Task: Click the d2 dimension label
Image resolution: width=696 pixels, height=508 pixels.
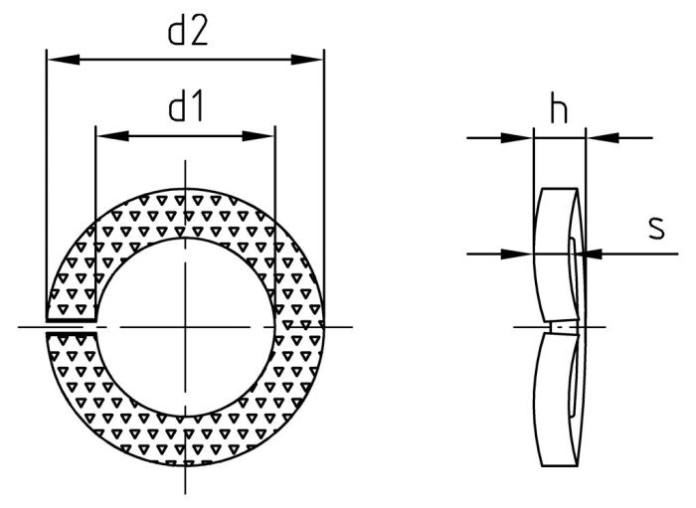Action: [x=188, y=31]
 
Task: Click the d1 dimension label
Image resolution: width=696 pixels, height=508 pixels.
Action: [x=186, y=107]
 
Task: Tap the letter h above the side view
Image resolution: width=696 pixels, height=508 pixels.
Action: [x=559, y=108]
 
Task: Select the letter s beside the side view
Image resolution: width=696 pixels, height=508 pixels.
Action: [x=656, y=228]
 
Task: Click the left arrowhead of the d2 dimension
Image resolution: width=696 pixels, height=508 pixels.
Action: [x=64, y=60]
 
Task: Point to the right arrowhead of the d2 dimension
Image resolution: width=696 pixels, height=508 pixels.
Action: [x=307, y=60]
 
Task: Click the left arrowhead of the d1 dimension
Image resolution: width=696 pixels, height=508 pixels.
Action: [x=112, y=136]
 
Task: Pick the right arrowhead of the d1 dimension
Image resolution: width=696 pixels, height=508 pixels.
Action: [x=258, y=136]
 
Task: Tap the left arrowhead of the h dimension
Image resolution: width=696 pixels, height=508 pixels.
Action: [x=517, y=138]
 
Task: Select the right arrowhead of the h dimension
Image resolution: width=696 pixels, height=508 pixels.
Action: [x=603, y=138]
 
